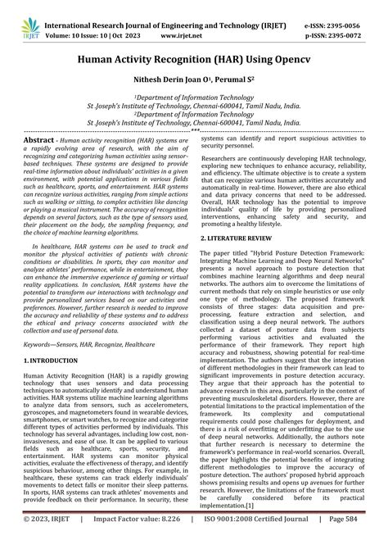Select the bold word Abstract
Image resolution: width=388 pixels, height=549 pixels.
coord(38,141)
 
